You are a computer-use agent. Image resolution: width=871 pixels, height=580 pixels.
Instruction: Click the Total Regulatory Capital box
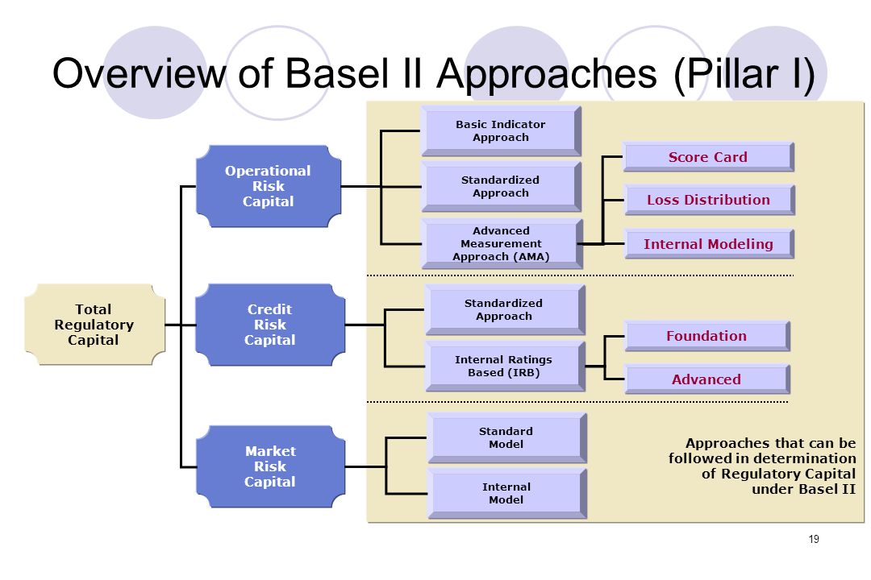point(95,325)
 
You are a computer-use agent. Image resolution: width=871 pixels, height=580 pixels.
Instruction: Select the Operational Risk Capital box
point(269,187)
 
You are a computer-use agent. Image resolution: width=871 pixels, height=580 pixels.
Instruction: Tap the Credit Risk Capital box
point(270,325)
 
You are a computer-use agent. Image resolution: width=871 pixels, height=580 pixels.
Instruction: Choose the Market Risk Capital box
point(270,466)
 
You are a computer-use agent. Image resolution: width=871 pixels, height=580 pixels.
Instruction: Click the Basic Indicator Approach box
point(501,131)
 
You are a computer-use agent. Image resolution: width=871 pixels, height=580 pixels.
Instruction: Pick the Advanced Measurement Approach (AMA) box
point(502,243)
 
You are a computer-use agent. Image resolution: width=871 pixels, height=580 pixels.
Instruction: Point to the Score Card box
point(708,157)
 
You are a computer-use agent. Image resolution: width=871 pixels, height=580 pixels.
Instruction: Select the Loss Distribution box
point(710,200)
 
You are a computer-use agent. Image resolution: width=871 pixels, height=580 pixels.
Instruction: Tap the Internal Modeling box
point(709,244)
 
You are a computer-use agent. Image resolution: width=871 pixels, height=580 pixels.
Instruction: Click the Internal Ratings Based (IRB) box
point(504,367)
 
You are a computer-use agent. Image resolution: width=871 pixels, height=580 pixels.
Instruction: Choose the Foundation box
point(707,336)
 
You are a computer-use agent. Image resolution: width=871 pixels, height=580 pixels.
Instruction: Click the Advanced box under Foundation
point(707,379)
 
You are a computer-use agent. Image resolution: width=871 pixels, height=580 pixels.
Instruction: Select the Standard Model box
point(506,438)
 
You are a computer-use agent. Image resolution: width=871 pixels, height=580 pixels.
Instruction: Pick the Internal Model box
point(506,494)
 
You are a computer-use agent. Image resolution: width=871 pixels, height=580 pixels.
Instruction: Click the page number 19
point(814,539)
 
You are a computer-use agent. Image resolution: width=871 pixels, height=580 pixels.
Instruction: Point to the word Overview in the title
point(140,73)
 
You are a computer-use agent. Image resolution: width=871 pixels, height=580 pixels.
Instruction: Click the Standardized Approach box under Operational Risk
point(501,187)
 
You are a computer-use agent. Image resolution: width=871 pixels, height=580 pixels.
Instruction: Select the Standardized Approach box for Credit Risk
point(504,309)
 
